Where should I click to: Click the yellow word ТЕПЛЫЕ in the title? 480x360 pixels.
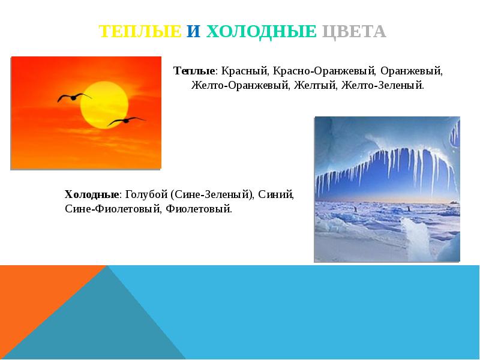(140, 31)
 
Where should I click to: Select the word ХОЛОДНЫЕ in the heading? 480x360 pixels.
(261, 31)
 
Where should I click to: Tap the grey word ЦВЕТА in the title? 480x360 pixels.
(354, 31)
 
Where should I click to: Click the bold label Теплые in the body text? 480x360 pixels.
(193, 71)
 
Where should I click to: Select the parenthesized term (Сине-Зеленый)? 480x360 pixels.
(212, 194)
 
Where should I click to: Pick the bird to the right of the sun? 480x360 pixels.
(126, 121)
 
